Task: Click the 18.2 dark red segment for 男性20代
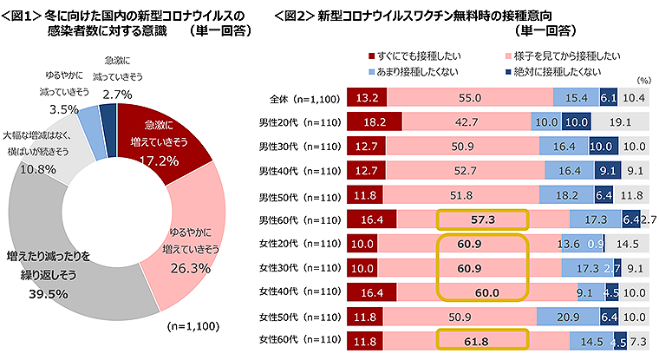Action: [x=374, y=122]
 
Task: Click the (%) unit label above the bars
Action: [x=643, y=79]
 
